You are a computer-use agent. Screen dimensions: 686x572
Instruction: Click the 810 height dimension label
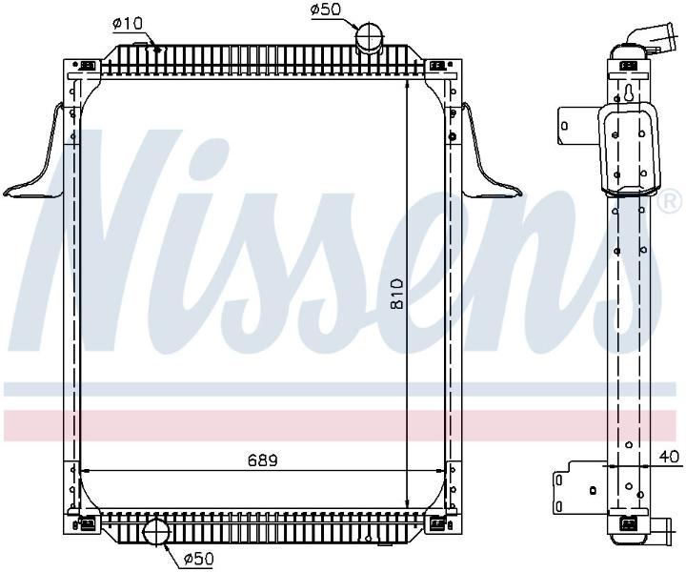coord(397,294)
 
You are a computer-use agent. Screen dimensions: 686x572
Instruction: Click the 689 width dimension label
coord(263,460)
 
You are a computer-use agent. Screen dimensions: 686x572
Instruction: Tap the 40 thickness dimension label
coord(670,457)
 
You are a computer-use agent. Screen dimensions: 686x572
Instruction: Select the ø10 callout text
coord(128,24)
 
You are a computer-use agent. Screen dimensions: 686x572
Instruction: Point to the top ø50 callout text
coord(326,10)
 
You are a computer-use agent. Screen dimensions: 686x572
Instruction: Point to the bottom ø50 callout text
coord(199,559)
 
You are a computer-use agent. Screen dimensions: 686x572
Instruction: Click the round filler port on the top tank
coord(370,37)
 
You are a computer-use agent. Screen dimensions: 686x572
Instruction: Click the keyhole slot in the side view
coord(629,92)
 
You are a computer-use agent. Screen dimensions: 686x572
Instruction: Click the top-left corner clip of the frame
coord(87,66)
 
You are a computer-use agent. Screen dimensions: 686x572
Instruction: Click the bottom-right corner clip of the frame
coord(437,523)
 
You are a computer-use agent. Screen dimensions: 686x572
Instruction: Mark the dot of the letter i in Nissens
coord(206,158)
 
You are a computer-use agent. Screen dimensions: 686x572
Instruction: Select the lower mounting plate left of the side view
coord(581,486)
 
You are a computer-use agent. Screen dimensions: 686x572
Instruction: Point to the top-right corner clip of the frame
coord(437,66)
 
